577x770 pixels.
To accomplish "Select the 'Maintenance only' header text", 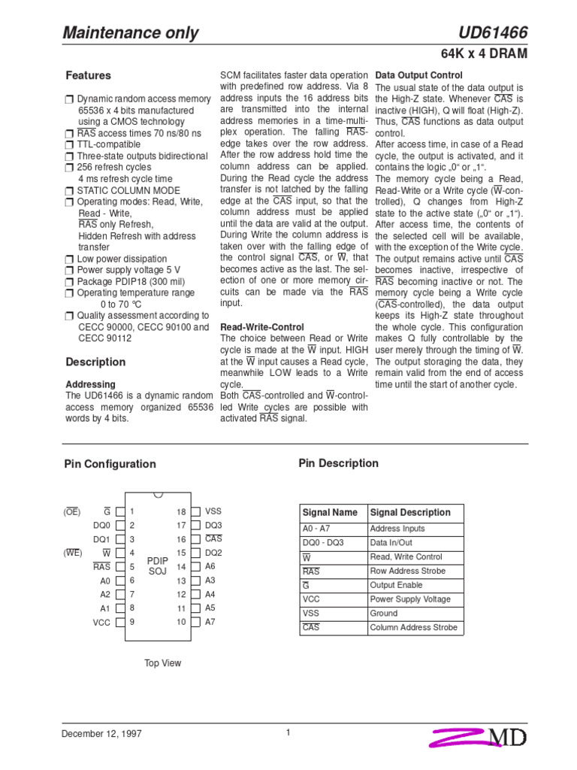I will tap(131, 33).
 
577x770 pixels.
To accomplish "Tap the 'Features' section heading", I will tap(88, 76).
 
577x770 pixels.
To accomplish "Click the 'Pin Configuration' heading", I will tap(110, 464).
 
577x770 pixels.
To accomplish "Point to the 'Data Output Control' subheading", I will tap(418, 76).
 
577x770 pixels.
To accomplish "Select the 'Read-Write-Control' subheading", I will tap(261, 328).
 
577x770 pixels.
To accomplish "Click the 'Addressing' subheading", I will tap(91, 384).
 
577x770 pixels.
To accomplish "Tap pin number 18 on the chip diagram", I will tap(181, 511).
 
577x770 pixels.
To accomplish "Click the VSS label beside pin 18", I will tap(213, 511).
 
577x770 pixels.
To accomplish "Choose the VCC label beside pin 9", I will tap(101, 623).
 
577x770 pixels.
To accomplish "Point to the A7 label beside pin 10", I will tap(210, 622).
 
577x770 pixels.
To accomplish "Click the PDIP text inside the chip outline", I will tap(157, 561).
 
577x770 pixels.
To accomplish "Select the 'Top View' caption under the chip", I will tap(162, 663).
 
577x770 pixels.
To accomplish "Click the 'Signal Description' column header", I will tap(410, 513).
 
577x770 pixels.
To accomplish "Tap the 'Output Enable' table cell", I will tap(396, 585).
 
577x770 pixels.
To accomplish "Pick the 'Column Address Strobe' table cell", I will tap(413, 628).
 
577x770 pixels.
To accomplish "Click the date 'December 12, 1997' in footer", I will tap(101, 734).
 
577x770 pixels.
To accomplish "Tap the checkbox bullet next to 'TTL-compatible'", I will tap(70, 145).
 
